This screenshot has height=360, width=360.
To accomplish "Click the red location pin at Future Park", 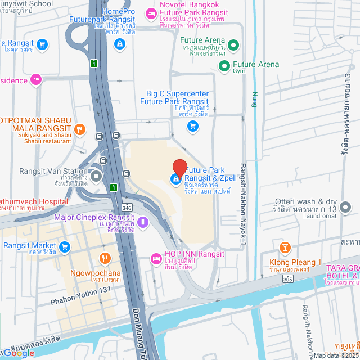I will click(179, 168).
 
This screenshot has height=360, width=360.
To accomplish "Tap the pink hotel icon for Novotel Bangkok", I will click(150, 12).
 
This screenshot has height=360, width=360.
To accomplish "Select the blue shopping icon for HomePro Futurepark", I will click(119, 44).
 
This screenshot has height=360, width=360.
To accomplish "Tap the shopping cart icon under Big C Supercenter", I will click(193, 126).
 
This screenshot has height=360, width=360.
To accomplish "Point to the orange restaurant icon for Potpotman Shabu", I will click(80, 130).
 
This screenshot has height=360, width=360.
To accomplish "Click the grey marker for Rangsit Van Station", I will click(96, 177).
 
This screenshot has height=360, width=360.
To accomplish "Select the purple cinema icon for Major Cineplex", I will click(143, 222).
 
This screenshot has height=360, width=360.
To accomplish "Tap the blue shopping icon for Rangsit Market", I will click(64, 246).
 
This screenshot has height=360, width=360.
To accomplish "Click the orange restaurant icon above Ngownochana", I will click(105, 258).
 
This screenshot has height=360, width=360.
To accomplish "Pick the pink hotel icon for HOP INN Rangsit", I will click(156, 259).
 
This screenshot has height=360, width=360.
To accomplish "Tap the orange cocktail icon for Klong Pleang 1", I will click(285, 247).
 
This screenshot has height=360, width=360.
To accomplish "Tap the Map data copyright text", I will click(336, 355).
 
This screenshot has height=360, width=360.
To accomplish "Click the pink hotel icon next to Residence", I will click(37, 79).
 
